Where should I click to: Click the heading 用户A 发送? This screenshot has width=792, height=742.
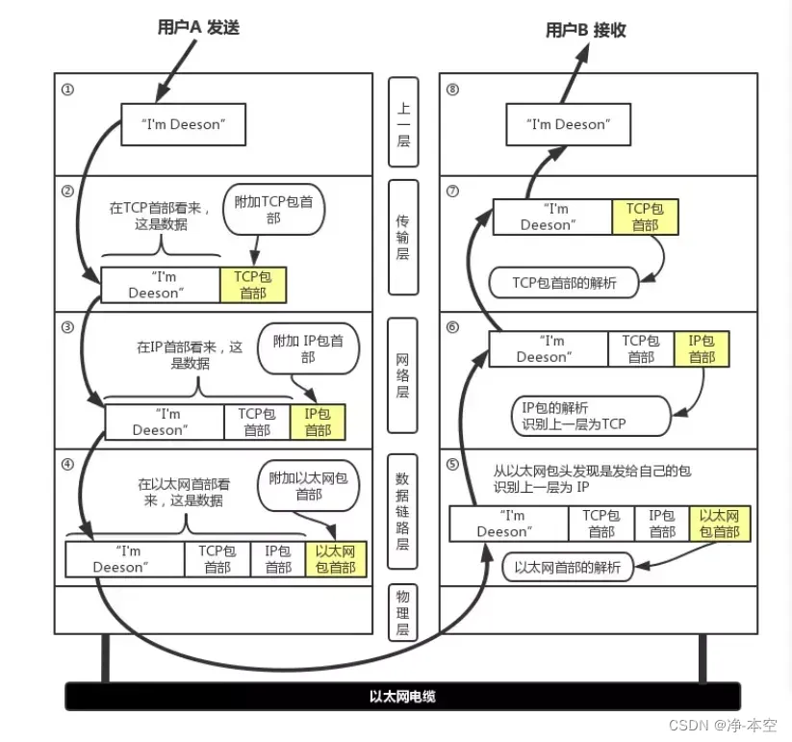[198, 28]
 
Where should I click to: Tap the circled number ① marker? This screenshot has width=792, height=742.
[67, 90]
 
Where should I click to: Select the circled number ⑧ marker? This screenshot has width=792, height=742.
[453, 90]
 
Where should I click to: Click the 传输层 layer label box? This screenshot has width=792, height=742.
[404, 237]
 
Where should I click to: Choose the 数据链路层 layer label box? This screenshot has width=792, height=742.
[404, 510]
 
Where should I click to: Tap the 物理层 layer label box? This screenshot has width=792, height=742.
[404, 611]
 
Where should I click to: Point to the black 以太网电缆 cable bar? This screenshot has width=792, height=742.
[402, 696]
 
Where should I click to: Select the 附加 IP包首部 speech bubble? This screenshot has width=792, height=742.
[307, 348]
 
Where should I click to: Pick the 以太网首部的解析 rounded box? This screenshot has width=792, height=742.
[567, 567]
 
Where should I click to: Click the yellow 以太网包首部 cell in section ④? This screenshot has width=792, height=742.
[336, 559]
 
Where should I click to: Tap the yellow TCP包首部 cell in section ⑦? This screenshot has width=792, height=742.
[645, 217]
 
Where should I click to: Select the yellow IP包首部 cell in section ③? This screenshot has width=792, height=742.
[318, 422]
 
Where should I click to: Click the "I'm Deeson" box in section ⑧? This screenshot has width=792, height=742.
[568, 124]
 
